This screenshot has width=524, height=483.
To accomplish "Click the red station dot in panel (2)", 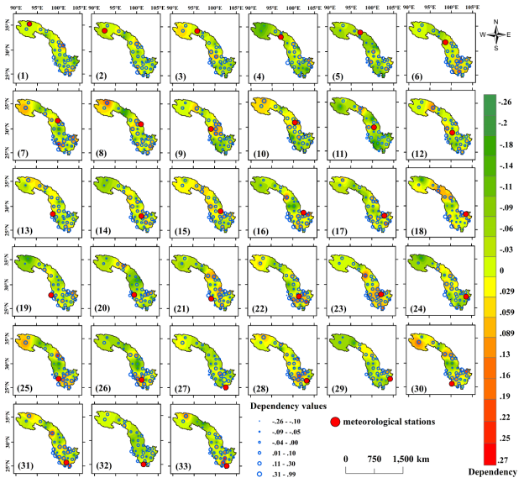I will pyautogui.click(x=104, y=30).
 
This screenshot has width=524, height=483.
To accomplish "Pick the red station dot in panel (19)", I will pyautogui.click(x=51, y=296).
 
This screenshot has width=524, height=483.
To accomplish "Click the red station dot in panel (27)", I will pyautogui.click(x=225, y=387).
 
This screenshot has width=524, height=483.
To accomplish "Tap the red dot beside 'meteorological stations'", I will pyautogui.click(x=334, y=421).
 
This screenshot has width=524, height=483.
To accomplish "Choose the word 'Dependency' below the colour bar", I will pyautogui.click(x=492, y=472).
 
